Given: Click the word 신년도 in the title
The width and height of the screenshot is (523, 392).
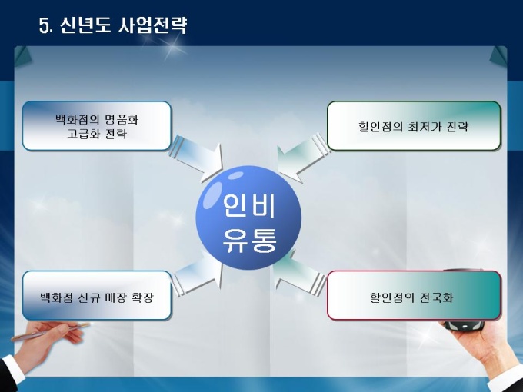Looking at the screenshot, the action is click(x=85, y=25).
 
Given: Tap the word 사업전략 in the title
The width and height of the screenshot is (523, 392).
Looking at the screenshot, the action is click(x=153, y=25).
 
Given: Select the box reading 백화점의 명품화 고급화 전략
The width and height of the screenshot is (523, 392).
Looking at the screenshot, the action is click(x=97, y=126).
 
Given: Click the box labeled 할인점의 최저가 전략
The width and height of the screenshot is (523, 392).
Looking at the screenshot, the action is click(x=414, y=126).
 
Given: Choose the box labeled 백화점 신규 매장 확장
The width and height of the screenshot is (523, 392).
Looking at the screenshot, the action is click(x=97, y=296).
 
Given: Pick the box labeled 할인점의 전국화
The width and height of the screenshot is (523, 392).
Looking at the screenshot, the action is click(x=414, y=296).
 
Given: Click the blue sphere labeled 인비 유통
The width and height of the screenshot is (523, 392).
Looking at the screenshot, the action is click(x=248, y=218).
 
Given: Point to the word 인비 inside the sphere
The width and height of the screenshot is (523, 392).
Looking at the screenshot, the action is click(x=249, y=205).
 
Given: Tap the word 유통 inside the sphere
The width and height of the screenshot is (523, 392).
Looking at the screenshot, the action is click(x=249, y=240).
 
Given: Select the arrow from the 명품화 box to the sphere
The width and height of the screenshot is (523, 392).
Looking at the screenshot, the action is click(x=196, y=159).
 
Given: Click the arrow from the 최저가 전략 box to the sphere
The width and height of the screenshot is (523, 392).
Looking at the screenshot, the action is click(x=302, y=158).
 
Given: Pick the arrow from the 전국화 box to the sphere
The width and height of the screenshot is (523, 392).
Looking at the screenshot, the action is click(x=299, y=272).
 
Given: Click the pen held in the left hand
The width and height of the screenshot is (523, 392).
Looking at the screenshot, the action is click(x=50, y=331).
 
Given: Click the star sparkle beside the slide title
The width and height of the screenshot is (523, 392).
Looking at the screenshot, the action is click(x=173, y=48).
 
